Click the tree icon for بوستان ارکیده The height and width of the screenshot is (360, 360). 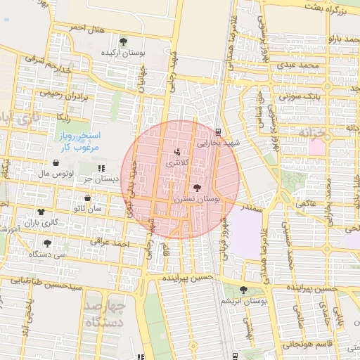pyautogui.click(x=124, y=41)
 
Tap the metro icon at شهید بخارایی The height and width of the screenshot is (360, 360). pyautogui.click(x=218, y=131)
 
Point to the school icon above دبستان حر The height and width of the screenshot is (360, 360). pyautogui.click(x=102, y=168)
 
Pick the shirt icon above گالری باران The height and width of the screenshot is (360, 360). pyautogui.click(x=40, y=212)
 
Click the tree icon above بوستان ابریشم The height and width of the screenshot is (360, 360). pyautogui.click(x=243, y=290)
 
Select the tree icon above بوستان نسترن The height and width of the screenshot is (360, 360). pyautogui.click(x=196, y=188)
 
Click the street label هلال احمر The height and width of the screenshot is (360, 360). pyautogui.click(x=86, y=28)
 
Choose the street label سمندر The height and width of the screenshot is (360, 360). pyautogui.click(x=250, y=209)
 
